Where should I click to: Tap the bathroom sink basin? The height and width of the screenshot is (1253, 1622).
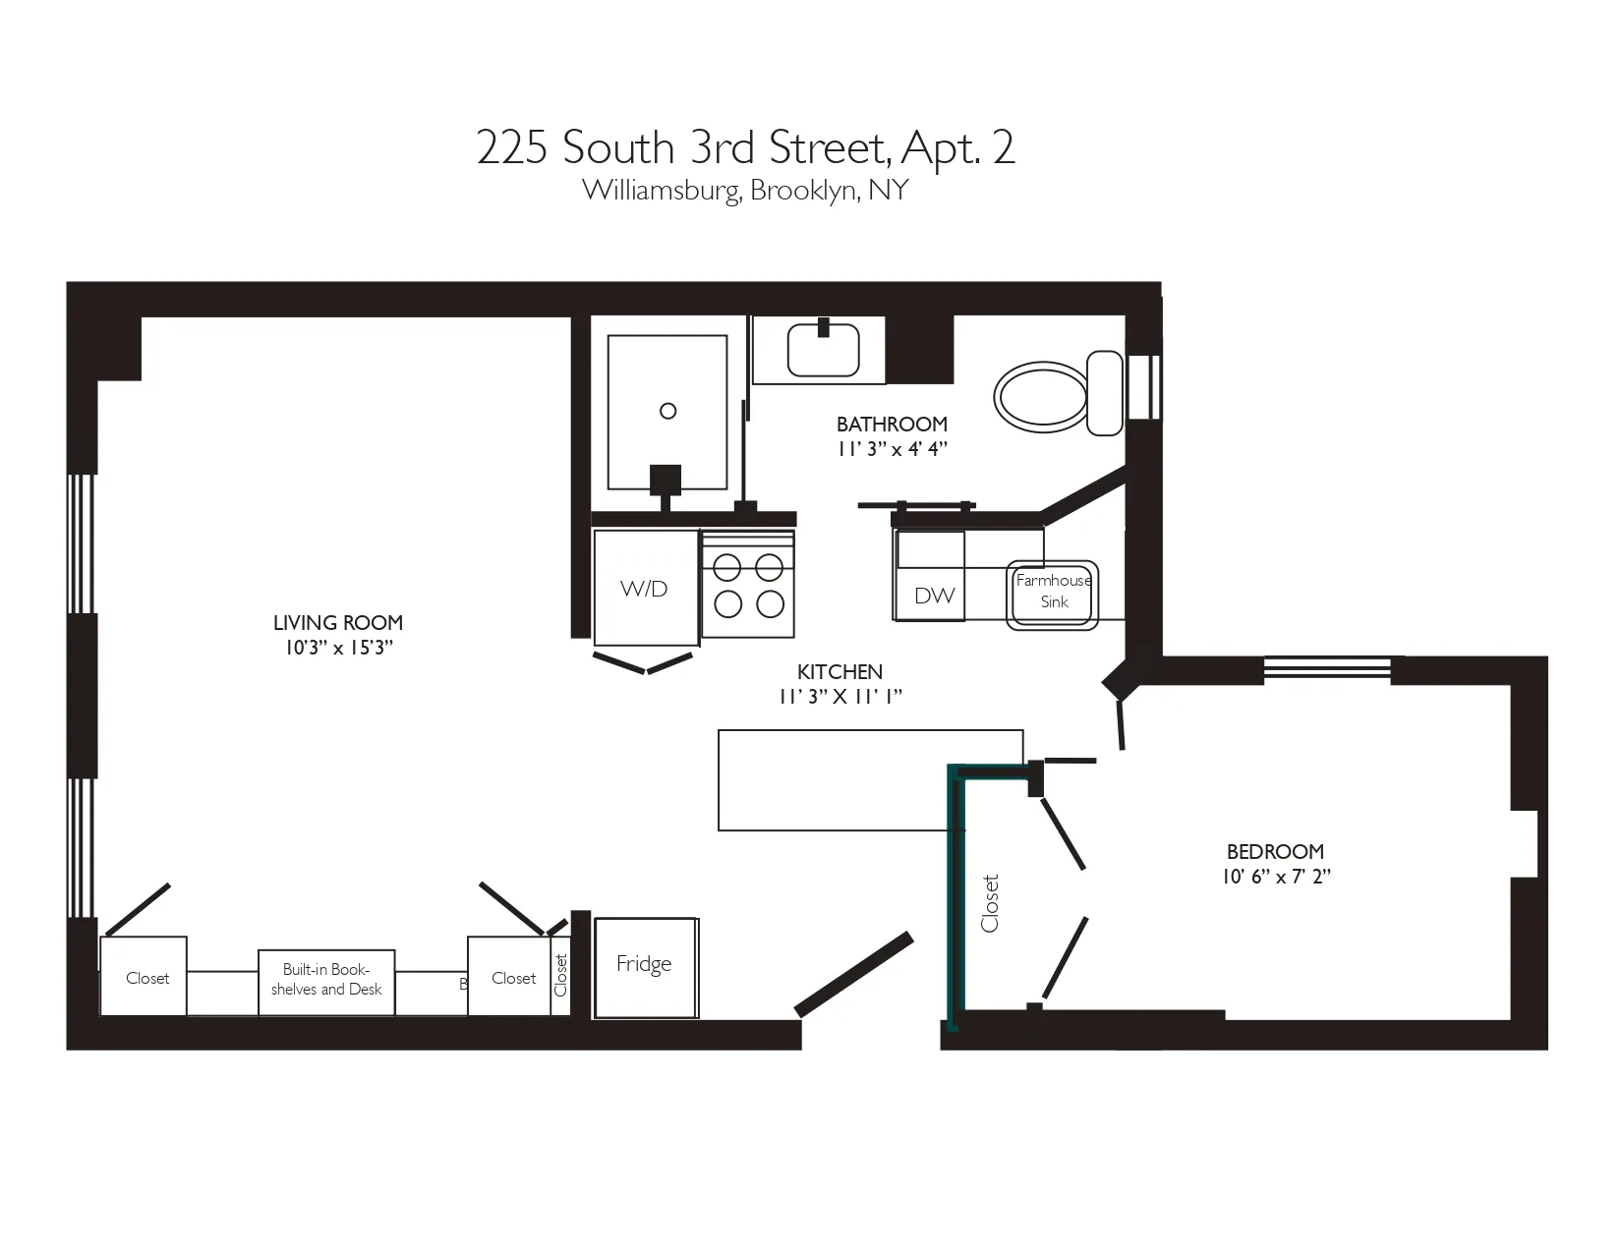click(x=823, y=351)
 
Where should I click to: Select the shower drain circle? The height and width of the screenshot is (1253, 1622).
click(x=668, y=411)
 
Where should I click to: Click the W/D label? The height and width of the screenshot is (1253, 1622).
click(x=644, y=589)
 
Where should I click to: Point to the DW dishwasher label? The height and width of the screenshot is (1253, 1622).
click(x=934, y=595)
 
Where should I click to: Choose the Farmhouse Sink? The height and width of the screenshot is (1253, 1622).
click(x=1053, y=593)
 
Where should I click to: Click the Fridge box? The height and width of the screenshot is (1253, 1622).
click(x=645, y=966)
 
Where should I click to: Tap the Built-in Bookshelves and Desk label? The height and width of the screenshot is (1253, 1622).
click(x=326, y=980)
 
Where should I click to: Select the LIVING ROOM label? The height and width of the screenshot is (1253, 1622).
click(x=338, y=622)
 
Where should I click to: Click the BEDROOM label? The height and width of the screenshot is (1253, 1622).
click(x=1275, y=851)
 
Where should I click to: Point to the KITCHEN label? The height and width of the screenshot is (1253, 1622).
click(x=840, y=671)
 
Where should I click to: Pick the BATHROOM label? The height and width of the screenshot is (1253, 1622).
click(x=892, y=424)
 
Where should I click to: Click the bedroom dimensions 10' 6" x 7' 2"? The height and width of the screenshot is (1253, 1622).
click(x=1276, y=877)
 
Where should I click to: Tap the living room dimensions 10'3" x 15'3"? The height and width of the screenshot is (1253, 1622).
click(x=339, y=648)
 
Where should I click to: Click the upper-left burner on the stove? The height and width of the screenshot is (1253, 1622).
click(x=727, y=568)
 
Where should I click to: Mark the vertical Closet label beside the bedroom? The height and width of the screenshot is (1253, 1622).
click(x=990, y=902)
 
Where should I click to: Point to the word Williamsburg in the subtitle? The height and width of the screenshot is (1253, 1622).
click(x=660, y=190)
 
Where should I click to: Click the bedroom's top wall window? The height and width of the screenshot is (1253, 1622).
click(x=1327, y=669)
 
